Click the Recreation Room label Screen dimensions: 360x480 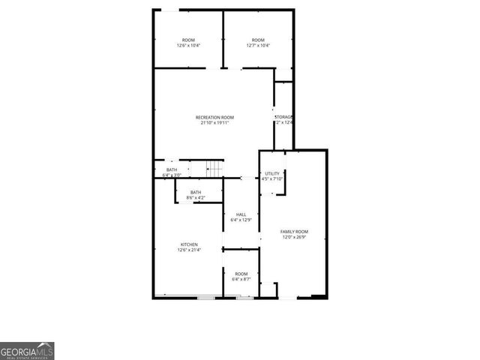click(x=214, y=117)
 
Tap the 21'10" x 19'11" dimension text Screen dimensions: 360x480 click(x=214, y=123)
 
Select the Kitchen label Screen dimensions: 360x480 click(x=189, y=244)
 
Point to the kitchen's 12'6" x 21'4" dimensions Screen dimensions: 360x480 click(x=189, y=250)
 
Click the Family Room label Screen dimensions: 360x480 click(x=295, y=232)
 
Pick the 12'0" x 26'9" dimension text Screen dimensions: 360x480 click(x=295, y=238)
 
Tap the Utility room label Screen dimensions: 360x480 click(x=271, y=173)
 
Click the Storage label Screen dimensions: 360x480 click(x=283, y=117)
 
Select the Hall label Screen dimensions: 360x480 click(x=241, y=214)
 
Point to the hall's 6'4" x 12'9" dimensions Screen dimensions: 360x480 click(x=241, y=220)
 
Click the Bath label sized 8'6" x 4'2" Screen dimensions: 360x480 click(x=196, y=192)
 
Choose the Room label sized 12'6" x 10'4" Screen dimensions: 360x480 click(x=188, y=40)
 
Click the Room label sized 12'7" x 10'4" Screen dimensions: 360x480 click(x=258, y=40)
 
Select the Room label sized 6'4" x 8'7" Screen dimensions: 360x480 click(x=241, y=274)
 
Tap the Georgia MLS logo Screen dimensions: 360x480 click(x=27, y=350)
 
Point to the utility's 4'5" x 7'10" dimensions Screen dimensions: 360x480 click(x=271, y=179)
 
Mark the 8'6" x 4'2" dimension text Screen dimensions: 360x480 click(x=196, y=198)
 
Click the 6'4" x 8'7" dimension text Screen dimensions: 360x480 click(x=241, y=280)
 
